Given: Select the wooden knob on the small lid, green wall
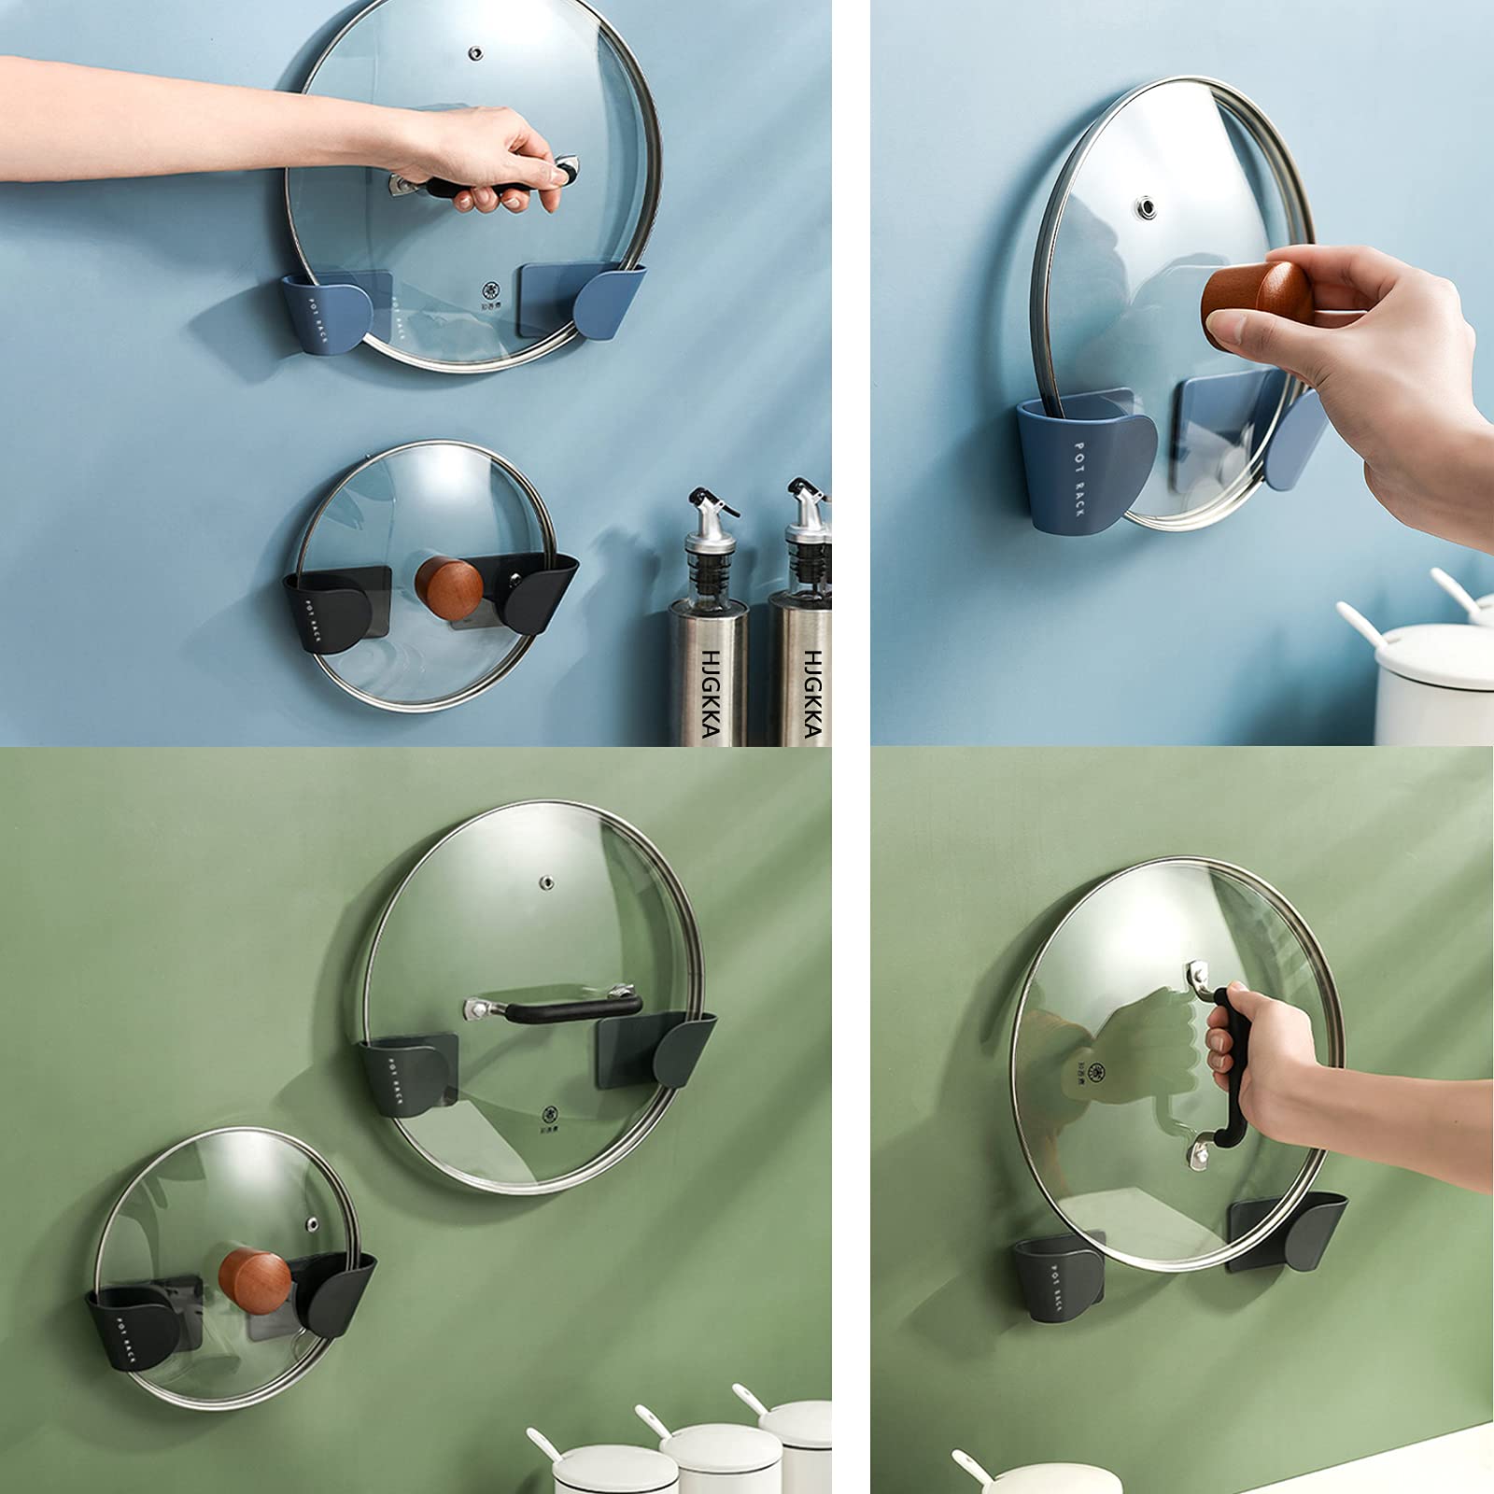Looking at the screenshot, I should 254,1278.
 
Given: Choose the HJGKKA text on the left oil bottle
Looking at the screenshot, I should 710,695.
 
